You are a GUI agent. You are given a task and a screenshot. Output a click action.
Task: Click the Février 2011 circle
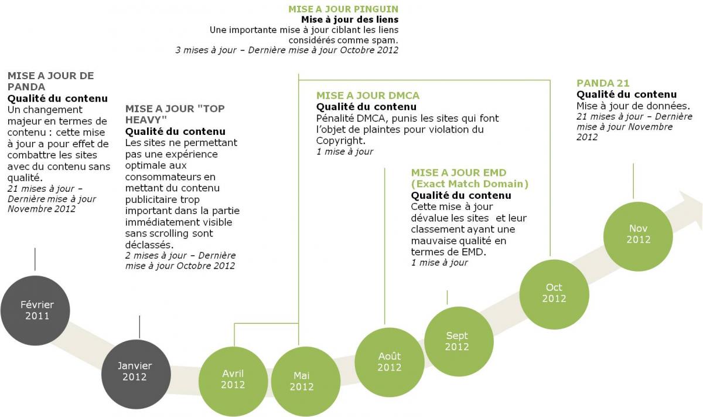click(35, 310)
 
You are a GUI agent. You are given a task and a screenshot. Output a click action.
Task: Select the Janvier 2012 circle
click(136, 374)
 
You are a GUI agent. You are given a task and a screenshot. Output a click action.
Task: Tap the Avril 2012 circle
click(233, 381)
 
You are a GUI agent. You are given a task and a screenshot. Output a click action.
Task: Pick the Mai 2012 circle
click(306, 381)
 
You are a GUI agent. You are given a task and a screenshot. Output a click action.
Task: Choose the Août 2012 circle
click(390, 362)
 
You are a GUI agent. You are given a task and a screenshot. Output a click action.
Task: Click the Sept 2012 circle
click(459, 341)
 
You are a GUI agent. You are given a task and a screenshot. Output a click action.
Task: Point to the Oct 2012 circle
click(554, 294)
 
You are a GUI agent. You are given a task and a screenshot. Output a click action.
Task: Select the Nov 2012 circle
click(638, 236)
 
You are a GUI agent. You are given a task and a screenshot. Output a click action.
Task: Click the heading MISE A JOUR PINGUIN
click(343, 9)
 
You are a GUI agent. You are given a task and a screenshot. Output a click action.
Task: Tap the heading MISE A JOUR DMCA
click(368, 96)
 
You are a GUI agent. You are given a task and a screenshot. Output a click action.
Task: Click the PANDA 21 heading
click(603, 83)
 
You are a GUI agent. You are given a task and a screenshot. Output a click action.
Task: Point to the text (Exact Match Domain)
click(470, 184)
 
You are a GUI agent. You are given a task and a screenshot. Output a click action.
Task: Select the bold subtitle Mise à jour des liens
click(350, 19)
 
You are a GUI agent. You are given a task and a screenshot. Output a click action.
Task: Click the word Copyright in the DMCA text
click(341, 141)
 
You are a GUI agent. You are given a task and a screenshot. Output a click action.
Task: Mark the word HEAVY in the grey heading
click(146, 120)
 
